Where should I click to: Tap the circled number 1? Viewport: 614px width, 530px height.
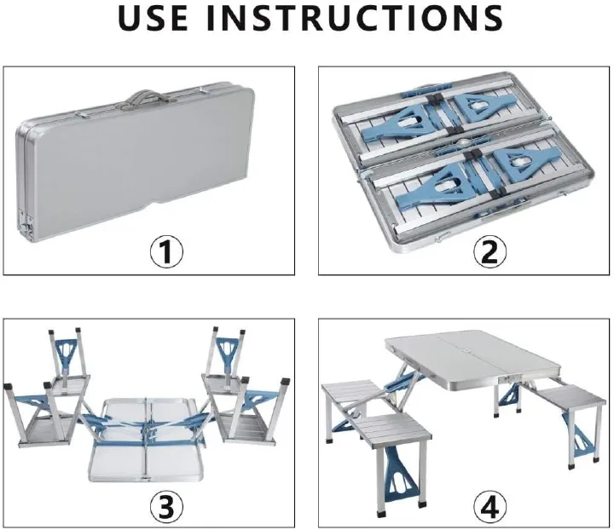click(x=167, y=251)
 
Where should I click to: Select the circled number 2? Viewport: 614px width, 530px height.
click(x=489, y=251)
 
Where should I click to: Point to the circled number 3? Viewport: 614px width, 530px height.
click(x=167, y=506)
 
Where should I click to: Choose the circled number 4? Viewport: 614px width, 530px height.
click(x=489, y=506)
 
